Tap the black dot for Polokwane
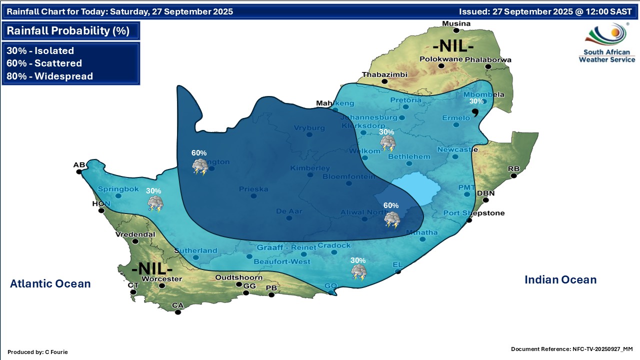tap(441, 65)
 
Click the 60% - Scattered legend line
tap(44, 63)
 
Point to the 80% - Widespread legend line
tap(50, 76)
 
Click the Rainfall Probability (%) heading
tap(68, 31)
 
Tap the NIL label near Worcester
tap(151, 268)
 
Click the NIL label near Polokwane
tap(453, 46)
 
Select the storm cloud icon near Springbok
tap(155, 203)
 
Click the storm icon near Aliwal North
tap(391, 219)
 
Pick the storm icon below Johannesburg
tap(387, 143)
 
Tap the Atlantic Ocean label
tap(50, 284)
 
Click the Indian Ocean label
tap(560, 280)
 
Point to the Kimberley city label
tap(310, 168)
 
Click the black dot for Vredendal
tap(134, 240)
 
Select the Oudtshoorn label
tap(239, 277)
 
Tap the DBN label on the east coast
tap(485, 193)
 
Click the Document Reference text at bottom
tap(571, 348)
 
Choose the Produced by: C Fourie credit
tap(37, 352)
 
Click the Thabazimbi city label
tap(384, 75)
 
